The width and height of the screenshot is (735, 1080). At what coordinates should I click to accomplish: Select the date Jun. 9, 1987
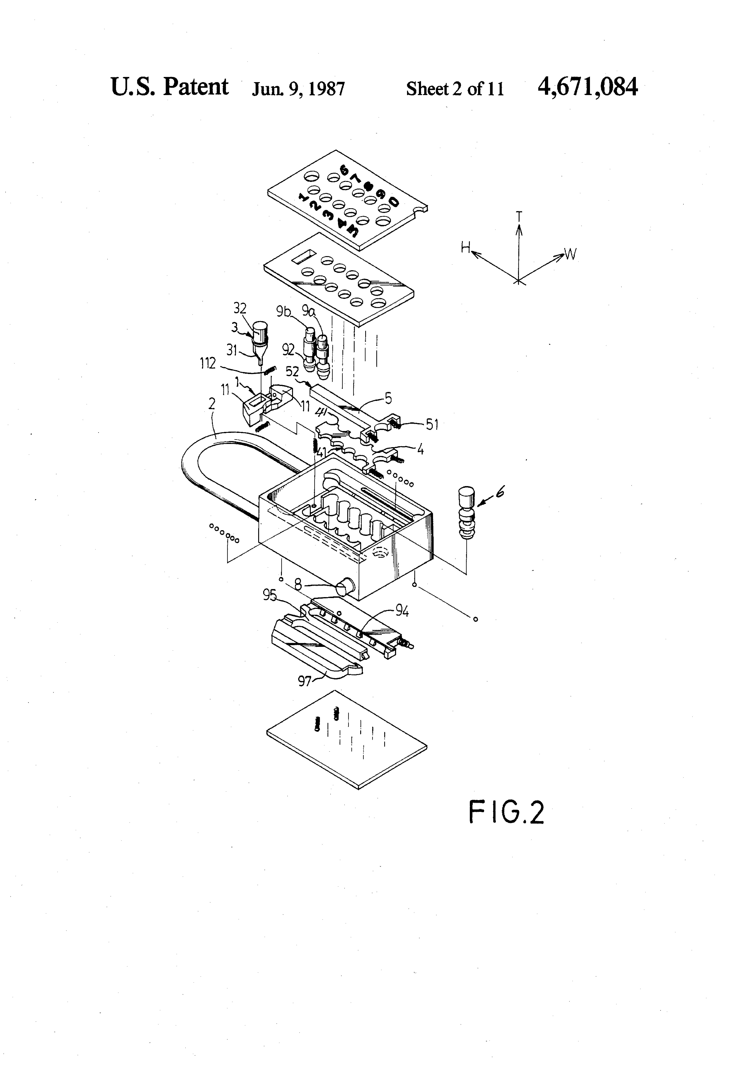click(298, 89)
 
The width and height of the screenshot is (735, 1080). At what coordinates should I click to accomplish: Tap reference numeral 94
click(402, 612)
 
